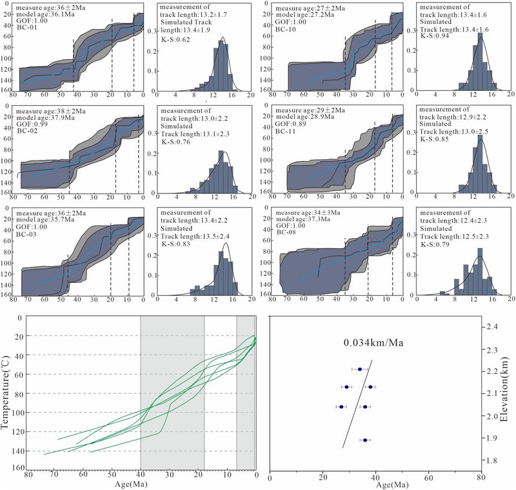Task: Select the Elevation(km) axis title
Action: [x=509, y=393]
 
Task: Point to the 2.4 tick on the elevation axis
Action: [x=492, y=328]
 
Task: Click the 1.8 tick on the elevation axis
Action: [x=492, y=460]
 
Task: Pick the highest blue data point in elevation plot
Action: [x=360, y=369]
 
